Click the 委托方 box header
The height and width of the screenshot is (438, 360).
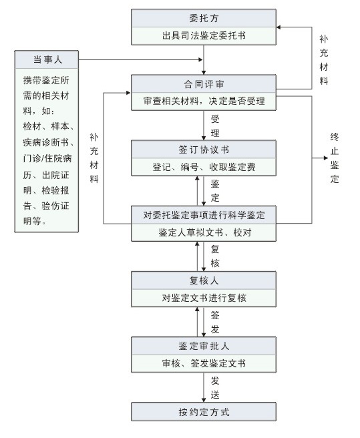204,18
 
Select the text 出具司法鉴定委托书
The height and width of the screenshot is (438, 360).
204,35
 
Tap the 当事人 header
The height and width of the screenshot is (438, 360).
46,61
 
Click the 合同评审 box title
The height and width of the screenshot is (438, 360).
204,84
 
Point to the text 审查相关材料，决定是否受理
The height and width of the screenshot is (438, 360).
204,101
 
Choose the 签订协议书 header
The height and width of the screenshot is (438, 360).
204,149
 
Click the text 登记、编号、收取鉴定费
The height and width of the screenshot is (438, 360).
204,166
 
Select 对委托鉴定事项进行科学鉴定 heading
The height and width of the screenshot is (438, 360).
204,215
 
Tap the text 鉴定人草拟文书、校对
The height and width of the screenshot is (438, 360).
204,232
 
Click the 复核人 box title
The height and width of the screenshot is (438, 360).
204,280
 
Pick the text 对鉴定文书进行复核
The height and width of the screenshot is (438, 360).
204,297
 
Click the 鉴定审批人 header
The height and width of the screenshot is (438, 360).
204,346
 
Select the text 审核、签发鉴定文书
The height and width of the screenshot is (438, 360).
204,363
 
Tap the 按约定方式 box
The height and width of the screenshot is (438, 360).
204,411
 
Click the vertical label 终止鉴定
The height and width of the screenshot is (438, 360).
335,158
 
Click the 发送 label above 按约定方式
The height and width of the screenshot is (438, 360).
215,387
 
